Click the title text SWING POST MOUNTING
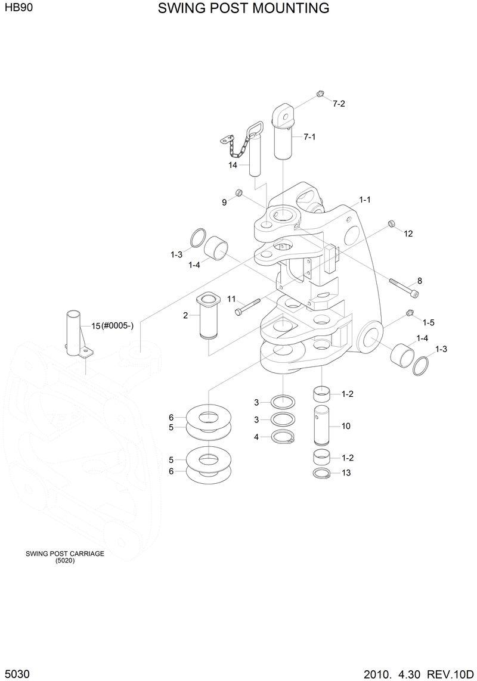243,8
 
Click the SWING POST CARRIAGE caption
65,553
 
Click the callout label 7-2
339,104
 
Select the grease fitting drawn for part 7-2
319,94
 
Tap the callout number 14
233,165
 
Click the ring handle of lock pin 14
257,128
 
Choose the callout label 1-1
364,200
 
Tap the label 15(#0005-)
112,325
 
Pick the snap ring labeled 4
283,437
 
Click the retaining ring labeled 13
322,473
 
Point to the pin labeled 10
322,425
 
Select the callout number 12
408,234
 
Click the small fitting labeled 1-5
409,313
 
